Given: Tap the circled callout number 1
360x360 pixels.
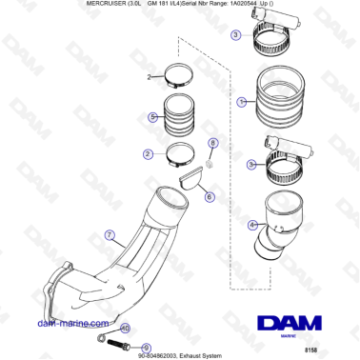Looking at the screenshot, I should click(242, 100).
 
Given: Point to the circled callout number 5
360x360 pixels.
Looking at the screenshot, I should click(151, 117).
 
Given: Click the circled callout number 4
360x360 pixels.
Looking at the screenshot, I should click(251, 226).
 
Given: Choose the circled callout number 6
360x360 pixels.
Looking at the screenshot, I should click(209, 195).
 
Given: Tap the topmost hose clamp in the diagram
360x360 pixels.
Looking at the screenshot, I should click(273, 41).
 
